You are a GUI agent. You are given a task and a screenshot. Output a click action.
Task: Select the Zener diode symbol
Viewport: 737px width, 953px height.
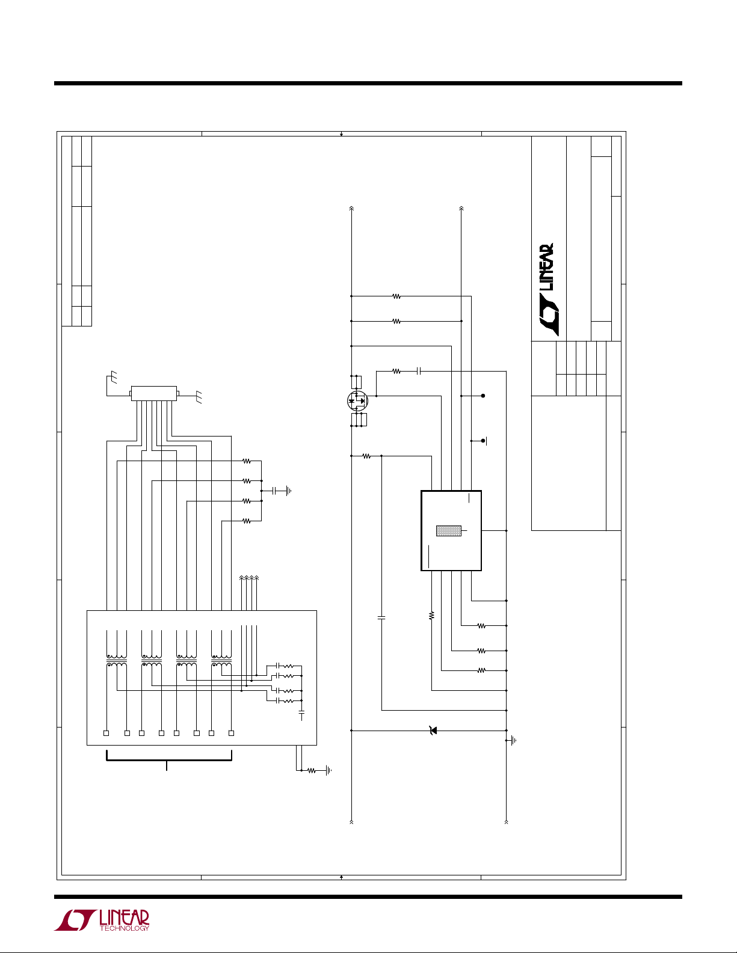[432, 731]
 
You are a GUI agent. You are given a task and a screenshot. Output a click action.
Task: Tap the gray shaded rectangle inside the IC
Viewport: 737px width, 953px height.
[448, 531]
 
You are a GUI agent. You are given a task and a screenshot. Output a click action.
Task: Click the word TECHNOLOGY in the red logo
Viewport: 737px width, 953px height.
[124, 928]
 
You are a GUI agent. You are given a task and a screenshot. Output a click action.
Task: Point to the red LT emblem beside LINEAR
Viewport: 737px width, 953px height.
[75, 921]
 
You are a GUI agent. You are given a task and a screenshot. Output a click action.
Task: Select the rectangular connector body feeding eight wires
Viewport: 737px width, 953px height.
[154, 393]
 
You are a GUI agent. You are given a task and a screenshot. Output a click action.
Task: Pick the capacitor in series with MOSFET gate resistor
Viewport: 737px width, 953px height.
[419, 372]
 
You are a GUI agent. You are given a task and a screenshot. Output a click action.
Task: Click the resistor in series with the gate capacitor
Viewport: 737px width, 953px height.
[396, 372]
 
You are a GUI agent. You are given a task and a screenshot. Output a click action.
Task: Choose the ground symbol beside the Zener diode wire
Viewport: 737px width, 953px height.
[512, 741]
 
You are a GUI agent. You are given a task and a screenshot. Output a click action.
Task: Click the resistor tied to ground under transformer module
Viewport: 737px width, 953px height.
[311, 770]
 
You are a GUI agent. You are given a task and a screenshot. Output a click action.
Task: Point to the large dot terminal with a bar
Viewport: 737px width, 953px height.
[483, 441]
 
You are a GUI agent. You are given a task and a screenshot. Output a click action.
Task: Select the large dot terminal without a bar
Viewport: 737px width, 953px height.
[483, 396]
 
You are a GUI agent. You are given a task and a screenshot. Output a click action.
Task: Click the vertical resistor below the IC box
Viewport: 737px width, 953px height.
[431, 615]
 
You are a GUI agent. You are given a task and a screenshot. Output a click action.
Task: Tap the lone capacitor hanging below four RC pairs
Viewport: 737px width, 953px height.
[301, 714]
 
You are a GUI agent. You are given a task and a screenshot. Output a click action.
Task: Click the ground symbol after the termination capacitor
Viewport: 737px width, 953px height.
[289, 491]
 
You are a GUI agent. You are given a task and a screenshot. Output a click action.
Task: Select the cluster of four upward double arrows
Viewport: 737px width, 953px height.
[249, 578]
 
